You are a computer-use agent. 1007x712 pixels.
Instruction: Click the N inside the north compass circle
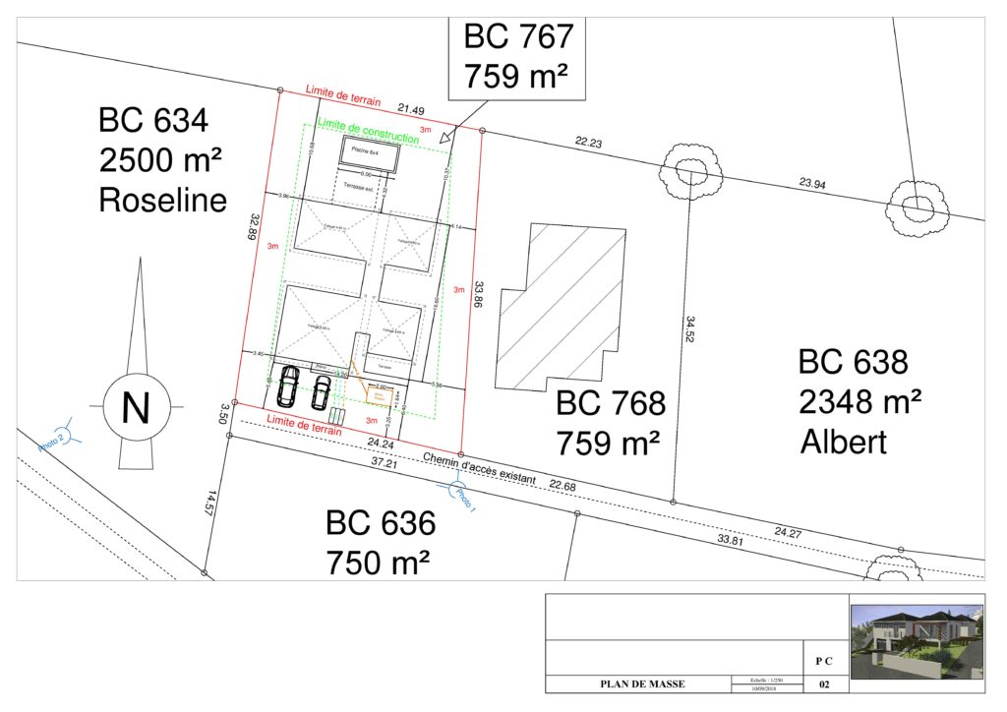[x=135, y=407]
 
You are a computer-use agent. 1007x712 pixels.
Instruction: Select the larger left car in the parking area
[x=289, y=386]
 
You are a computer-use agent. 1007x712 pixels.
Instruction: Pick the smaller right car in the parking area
[x=322, y=389]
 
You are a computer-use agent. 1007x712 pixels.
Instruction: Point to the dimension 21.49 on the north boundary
[x=411, y=109]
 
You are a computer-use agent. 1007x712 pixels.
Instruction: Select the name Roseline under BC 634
[x=162, y=201]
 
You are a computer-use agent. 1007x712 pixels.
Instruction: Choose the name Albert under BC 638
[x=843, y=442]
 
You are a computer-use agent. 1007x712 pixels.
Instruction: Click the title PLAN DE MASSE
[x=643, y=684]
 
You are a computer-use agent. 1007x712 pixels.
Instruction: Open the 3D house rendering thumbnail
[x=916, y=642]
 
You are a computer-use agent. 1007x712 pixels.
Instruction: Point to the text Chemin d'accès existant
[x=479, y=470]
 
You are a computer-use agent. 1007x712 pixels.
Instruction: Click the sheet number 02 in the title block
[x=823, y=684]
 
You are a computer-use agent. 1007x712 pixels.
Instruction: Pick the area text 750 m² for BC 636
[x=378, y=564]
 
